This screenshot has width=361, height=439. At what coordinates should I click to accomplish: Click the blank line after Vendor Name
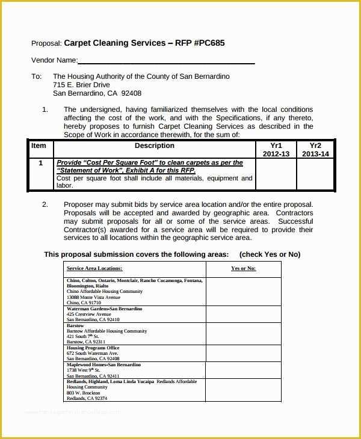click(166, 60)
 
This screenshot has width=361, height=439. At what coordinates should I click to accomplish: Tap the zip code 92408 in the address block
click(131, 94)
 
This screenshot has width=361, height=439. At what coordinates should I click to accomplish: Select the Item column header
click(39, 146)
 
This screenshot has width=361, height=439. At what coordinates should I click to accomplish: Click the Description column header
click(154, 146)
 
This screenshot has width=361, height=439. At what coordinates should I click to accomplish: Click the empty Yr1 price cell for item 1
click(276, 174)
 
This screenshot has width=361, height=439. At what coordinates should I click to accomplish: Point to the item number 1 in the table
click(40, 163)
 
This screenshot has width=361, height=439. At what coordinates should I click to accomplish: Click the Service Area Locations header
click(94, 268)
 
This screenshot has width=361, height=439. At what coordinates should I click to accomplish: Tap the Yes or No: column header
click(243, 268)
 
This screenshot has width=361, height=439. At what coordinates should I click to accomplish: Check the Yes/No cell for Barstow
click(243, 334)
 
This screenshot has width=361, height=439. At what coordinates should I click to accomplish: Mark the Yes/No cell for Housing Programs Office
click(243, 353)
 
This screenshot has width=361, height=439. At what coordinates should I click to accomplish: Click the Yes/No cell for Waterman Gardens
click(243, 314)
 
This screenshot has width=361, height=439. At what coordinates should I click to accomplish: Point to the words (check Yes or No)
click(270, 254)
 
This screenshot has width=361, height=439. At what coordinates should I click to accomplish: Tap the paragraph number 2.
click(45, 204)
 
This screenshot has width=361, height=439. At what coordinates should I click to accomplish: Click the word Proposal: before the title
click(46, 43)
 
